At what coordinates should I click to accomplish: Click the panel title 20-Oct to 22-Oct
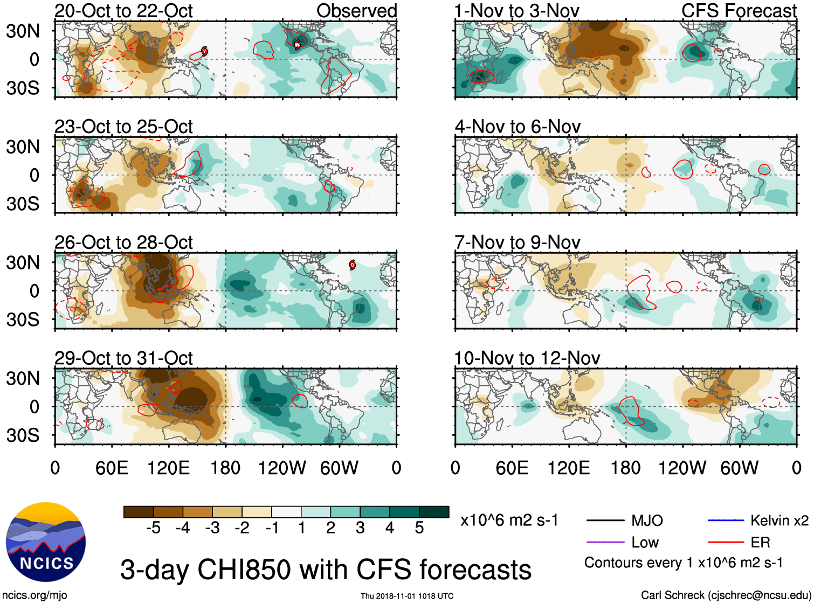(x=123, y=11)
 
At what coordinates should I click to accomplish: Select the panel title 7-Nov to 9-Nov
(x=517, y=242)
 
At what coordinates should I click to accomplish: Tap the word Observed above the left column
(x=356, y=11)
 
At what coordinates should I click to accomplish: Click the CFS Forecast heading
(x=739, y=11)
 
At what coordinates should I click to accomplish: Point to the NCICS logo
(x=46, y=542)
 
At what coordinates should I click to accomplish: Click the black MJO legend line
(x=604, y=520)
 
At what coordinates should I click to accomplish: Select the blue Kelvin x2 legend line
(x=726, y=520)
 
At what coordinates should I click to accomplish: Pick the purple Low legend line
(x=604, y=543)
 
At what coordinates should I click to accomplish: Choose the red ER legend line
(x=726, y=543)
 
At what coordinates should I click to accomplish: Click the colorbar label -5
(x=153, y=528)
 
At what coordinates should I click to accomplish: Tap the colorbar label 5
(x=419, y=528)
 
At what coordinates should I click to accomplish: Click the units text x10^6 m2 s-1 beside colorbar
(x=509, y=520)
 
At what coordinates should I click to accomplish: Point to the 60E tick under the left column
(x=112, y=468)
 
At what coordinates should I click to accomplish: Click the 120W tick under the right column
(x=682, y=468)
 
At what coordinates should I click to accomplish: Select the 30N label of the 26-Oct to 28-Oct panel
(x=23, y=263)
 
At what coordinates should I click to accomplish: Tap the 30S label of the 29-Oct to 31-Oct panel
(x=23, y=435)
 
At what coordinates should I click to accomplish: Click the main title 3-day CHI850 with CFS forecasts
(x=326, y=570)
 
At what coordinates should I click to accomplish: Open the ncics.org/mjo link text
(x=35, y=595)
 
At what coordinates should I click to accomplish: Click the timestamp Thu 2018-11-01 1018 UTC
(x=407, y=596)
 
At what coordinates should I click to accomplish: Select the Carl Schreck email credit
(x=726, y=595)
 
